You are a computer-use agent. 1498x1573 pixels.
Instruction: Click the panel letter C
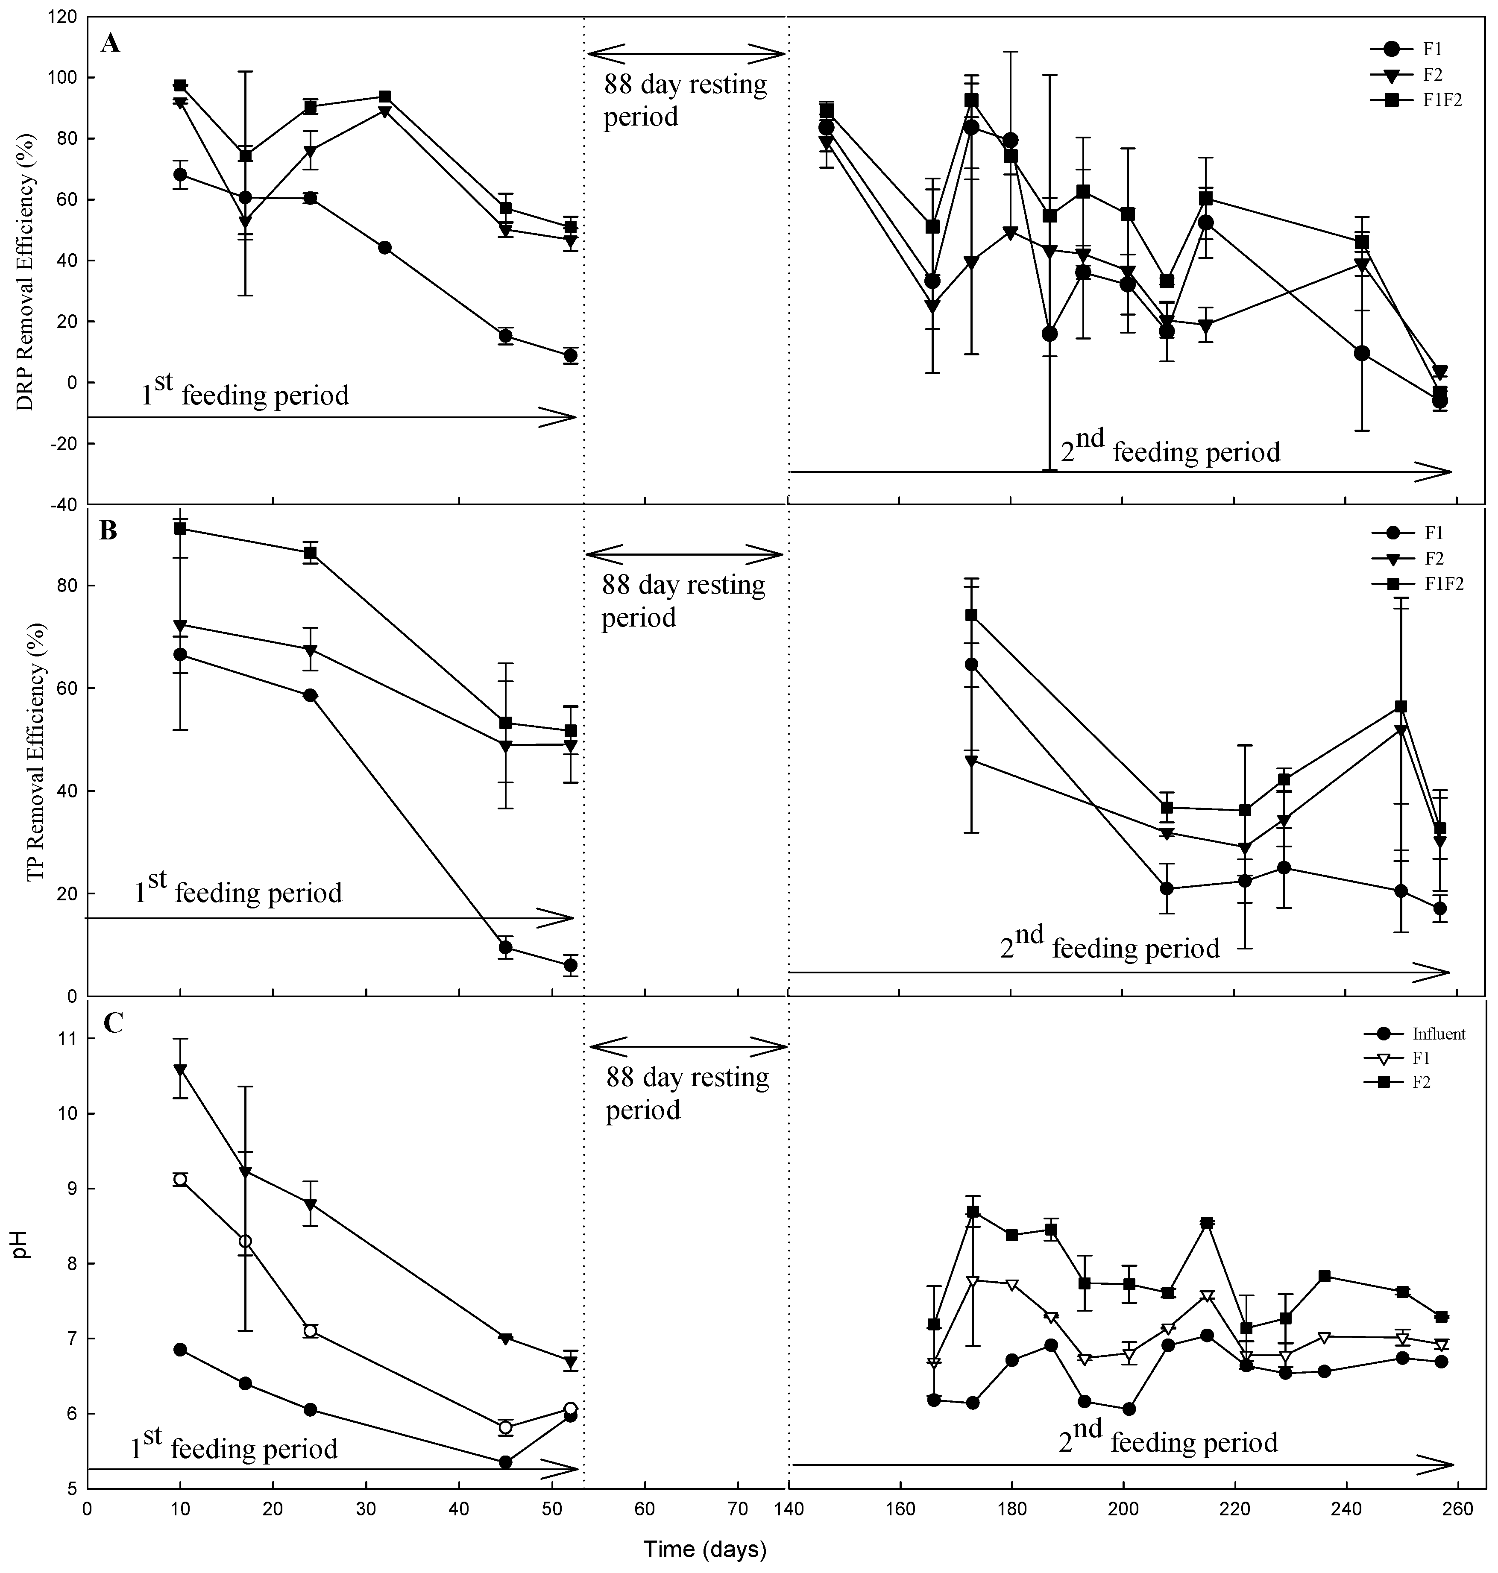pyautogui.click(x=113, y=1023)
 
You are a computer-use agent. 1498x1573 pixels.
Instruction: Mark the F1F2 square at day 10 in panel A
pyautogui.click(x=180, y=85)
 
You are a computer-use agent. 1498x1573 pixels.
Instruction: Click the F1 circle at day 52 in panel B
pyautogui.click(x=570, y=965)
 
